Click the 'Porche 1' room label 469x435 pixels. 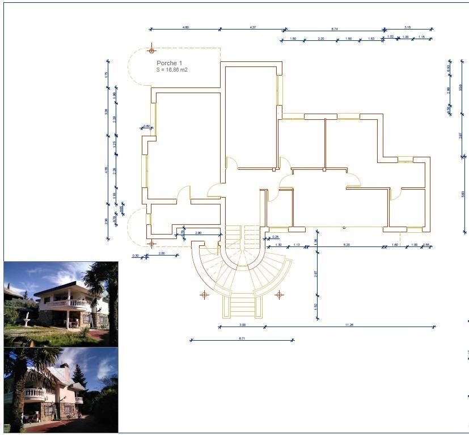pyautogui.click(x=169, y=63)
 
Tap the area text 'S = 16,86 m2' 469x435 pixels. pyautogui.click(x=172, y=70)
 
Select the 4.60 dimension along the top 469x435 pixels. pyautogui.click(x=185, y=27)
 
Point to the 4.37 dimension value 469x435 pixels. pyautogui.click(x=252, y=27)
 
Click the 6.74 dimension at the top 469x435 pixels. pyautogui.click(x=335, y=27)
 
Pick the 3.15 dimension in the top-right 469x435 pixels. pyautogui.click(x=408, y=27)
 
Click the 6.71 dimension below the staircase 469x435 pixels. pyautogui.click(x=242, y=338)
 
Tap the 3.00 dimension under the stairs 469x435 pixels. pyautogui.click(x=242, y=324)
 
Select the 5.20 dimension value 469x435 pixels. pyautogui.click(x=347, y=245)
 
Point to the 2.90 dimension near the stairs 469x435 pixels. pyautogui.click(x=198, y=233)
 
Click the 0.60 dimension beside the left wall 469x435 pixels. pyautogui.click(x=146, y=126)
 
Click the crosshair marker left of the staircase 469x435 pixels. pyautogui.click(x=204, y=295)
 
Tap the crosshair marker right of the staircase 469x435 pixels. pyautogui.click(x=279, y=295)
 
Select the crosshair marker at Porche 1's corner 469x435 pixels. pyautogui.click(x=151, y=51)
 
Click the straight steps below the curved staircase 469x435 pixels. pyautogui.click(x=243, y=306)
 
